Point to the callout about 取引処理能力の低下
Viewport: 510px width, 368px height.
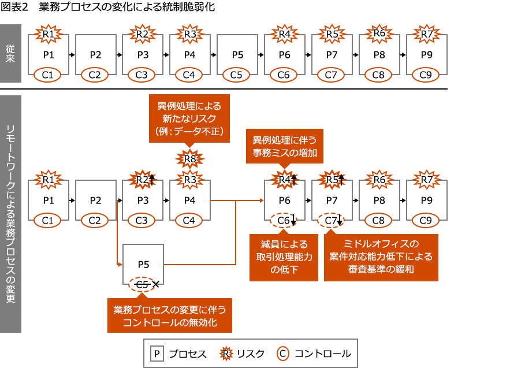(284, 257)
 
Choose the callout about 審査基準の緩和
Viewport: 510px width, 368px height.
(381, 257)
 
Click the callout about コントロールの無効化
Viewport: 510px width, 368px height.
(170, 315)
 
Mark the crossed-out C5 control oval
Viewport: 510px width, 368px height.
(143, 284)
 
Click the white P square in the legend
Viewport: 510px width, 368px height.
(157, 354)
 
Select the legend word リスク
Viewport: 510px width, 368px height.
(251, 354)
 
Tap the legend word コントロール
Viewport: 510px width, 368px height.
(322, 354)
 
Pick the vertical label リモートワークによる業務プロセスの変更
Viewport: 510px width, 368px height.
(11, 214)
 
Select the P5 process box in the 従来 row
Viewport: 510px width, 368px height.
(237, 55)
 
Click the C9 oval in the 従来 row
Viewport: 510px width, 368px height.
(426, 75)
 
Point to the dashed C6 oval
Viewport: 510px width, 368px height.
(284, 220)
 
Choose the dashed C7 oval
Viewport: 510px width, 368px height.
(331, 220)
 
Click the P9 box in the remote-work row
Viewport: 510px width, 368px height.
(426, 200)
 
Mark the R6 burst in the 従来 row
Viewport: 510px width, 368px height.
(379, 34)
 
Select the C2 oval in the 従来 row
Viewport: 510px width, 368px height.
(95, 75)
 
